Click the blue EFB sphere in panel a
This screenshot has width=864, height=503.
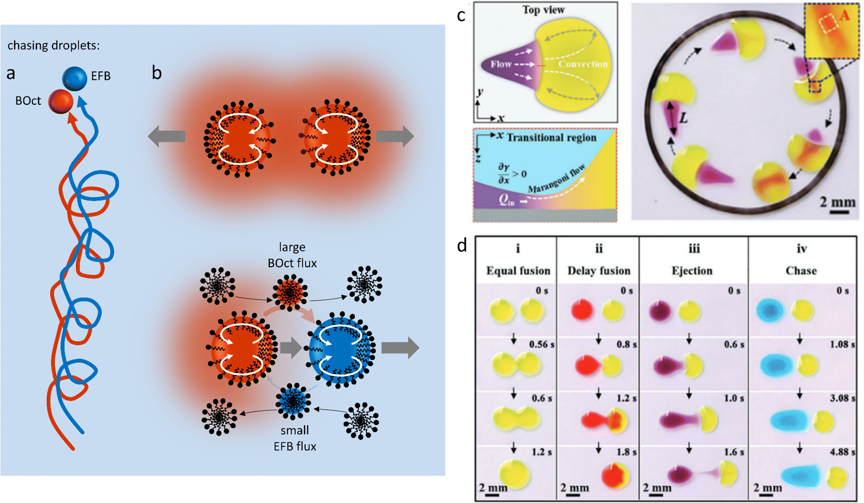(74, 79)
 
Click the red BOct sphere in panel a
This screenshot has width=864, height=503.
(61, 102)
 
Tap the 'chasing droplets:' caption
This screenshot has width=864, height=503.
(54, 46)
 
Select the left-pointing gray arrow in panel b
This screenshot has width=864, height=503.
(166, 136)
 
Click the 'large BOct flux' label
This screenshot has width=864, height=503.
(292, 255)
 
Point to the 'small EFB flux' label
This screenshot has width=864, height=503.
(295, 438)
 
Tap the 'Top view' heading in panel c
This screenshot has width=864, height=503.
(544, 10)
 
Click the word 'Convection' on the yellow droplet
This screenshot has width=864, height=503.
(582, 64)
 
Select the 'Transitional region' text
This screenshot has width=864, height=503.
(552, 138)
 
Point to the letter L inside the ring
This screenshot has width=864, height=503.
(683, 117)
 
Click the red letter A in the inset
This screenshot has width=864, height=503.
(844, 15)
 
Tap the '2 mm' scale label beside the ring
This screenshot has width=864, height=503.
(838, 202)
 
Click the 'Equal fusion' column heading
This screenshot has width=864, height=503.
(518, 270)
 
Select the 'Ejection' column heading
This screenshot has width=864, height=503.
(692, 270)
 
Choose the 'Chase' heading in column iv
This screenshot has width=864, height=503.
(801, 270)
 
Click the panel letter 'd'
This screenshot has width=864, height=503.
(462, 246)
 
